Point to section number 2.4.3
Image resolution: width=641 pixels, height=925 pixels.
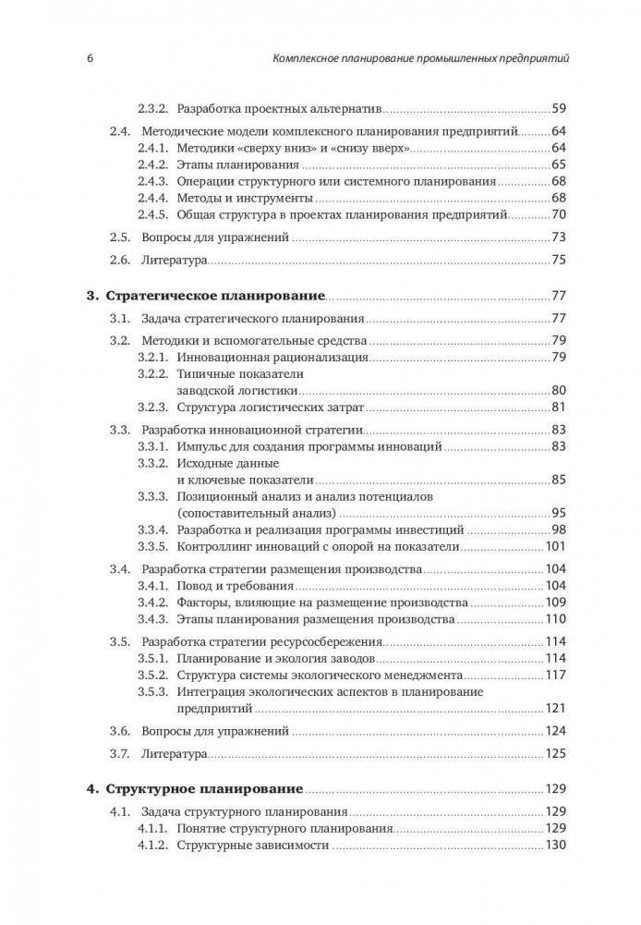152,182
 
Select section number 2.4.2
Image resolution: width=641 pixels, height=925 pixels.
152,164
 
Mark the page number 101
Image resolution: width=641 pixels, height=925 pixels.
554,547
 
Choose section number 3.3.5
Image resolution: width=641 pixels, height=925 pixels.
152,547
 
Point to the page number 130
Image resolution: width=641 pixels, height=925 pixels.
554,846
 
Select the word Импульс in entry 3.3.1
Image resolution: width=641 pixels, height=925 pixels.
201,447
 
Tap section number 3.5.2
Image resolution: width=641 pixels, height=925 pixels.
152,675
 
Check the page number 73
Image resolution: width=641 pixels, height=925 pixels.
558,237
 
